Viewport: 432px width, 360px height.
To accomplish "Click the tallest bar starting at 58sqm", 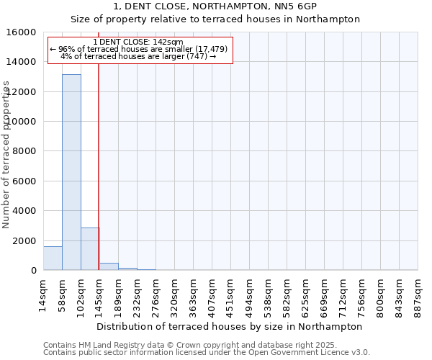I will pyautogui.click(x=71, y=173).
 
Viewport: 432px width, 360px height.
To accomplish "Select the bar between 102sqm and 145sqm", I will pyautogui.click(x=90, y=249).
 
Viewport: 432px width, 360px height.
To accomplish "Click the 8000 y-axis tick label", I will pyautogui.click(x=26, y=151).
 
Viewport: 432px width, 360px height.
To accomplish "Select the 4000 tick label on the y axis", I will pyautogui.click(x=26, y=211).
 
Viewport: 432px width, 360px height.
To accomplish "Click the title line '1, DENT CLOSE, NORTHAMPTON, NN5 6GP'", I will pyautogui.click(x=215, y=6).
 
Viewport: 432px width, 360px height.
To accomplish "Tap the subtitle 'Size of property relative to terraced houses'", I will pyautogui.click(x=215, y=19).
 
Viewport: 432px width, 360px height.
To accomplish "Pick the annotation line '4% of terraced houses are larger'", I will pyautogui.click(x=138, y=56).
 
